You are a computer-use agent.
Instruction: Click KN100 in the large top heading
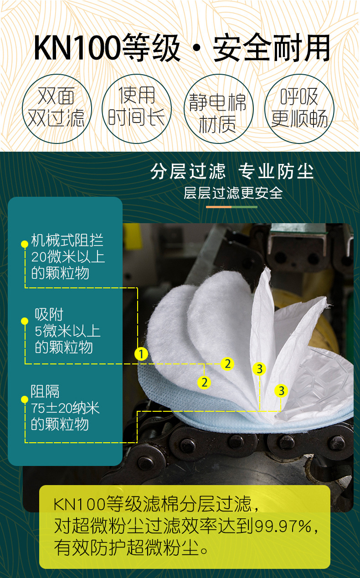pyautogui.click(x=77, y=48)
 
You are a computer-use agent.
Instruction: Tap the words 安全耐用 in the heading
pyautogui.click(x=272, y=48)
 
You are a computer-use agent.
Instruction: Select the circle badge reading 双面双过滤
pyautogui.click(x=57, y=109)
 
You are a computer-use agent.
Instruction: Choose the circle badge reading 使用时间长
pyautogui.click(x=137, y=109)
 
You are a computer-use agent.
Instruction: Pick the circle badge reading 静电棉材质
pyautogui.click(x=218, y=109)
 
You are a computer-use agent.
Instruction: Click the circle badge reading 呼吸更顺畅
pyautogui.click(x=299, y=109)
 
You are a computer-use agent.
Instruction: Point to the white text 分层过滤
pyautogui.click(x=188, y=171)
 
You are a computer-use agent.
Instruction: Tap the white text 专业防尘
pyautogui.click(x=276, y=171)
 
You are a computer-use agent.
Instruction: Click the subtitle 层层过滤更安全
pyautogui.click(x=233, y=193)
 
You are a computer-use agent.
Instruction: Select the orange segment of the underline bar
pyautogui.click(x=219, y=207)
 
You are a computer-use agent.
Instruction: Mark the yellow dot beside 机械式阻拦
pyautogui.click(x=25, y=244)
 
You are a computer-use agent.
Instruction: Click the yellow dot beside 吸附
pyautogui.click(x=25, y=321)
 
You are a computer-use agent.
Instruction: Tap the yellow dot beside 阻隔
pyautogui.click(x=25, y=399)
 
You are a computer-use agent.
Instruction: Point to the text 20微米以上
pyautogui.click(x=68, y=257)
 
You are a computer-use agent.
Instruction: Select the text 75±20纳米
pyautogui.click(x=65, y=408)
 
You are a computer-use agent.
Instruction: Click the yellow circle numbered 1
pyautogui.click(x=141, y=354)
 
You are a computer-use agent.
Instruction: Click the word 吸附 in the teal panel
pyautogui.click(x=49, y=315)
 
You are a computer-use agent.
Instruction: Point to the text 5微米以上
pyautogui.click(x=67, y=331)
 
